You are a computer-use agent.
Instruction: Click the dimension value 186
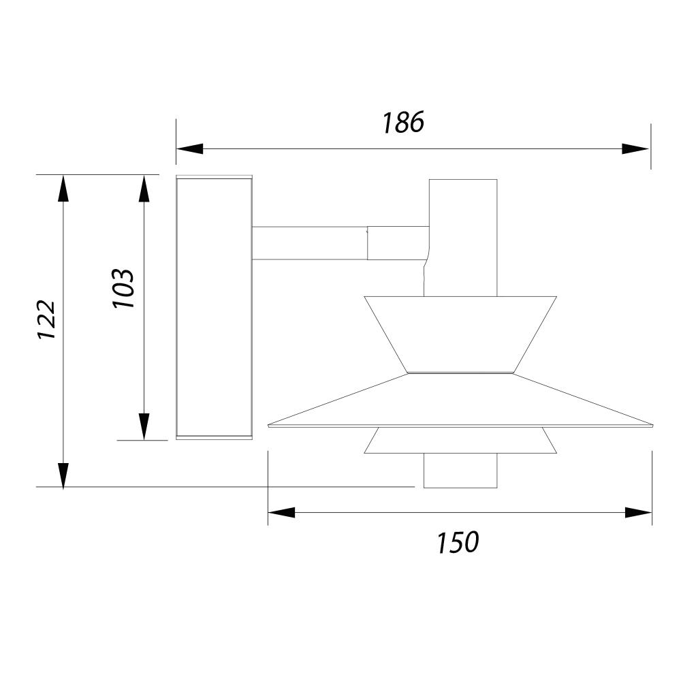point(402,123)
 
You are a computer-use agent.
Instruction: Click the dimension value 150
point(458,543)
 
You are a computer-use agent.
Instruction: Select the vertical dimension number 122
point(46,319)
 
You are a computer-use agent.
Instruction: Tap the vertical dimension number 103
point(123,289)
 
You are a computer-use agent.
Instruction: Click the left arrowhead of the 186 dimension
point(190,148)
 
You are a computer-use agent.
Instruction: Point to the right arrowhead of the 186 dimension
point(635,148)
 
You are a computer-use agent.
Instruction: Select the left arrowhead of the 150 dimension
point(281,513)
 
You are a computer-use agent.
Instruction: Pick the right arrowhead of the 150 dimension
point(639,513)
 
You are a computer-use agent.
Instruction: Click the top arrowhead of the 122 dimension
point(63,189)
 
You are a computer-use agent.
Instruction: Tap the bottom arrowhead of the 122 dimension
point(63,476)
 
